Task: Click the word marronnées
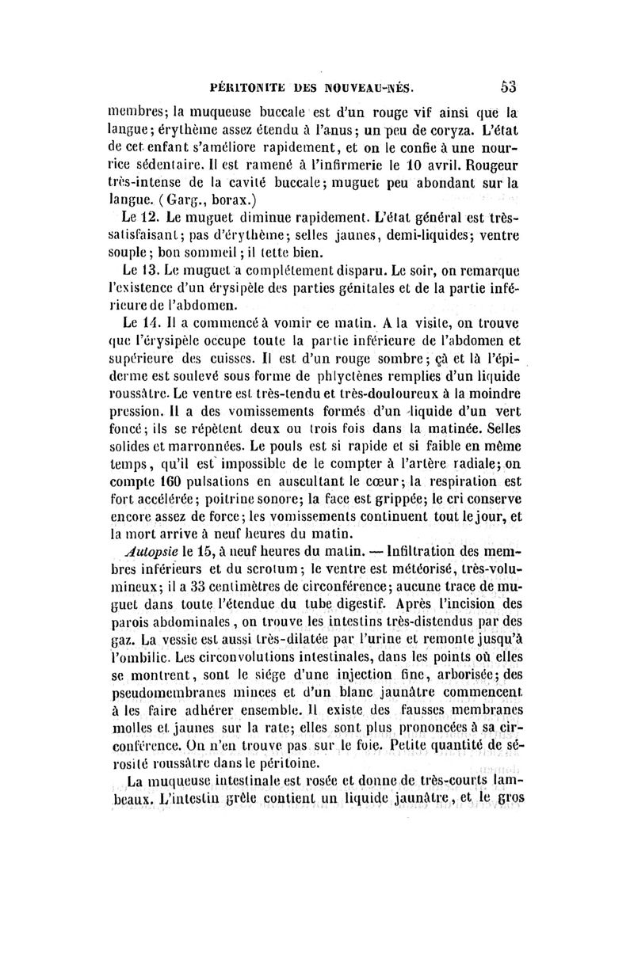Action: [x=215, y=452]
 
